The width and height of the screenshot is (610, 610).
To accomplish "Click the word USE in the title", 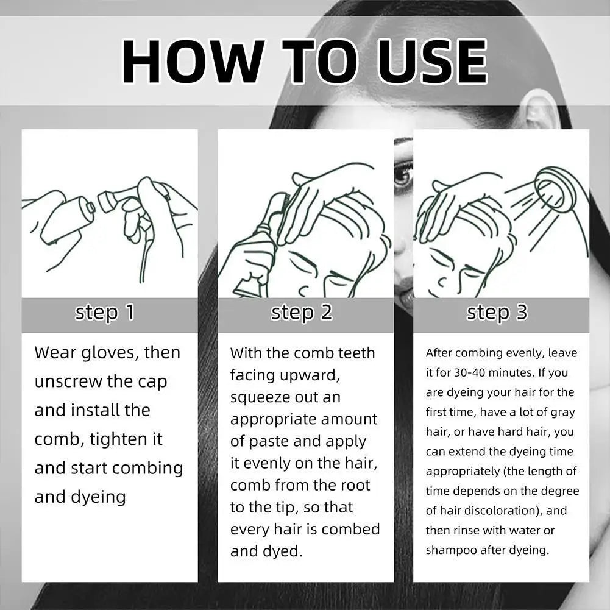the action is click(x=432, y=61).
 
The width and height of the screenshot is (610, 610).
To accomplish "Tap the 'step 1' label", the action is click(x=105, y=313).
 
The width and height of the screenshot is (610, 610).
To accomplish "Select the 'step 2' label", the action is click(x=302, y=313).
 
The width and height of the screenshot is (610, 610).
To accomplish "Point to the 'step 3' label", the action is click(x=497, y=313).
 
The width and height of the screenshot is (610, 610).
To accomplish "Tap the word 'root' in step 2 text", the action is click(x=355, y=486).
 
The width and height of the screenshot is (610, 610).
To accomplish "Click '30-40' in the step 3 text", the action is click(x=470, y=373).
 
